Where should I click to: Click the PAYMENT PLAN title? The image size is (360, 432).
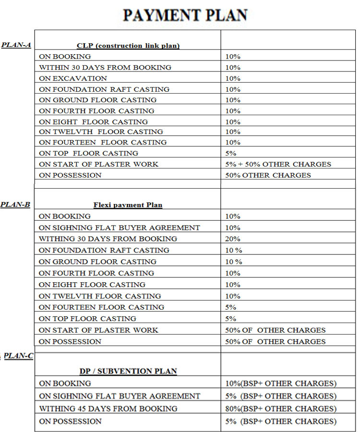tap(185, 15)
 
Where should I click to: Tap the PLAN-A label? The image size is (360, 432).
tap(16, 45)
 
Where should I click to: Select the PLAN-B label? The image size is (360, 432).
tap(15, 204)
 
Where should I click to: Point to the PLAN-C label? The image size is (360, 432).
tap(18, 356)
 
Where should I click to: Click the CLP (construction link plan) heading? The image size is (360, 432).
tap(128, 46)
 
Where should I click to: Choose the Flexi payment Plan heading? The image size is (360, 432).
tap(128, 205)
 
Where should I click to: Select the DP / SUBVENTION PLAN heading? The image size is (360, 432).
tap(128, 371)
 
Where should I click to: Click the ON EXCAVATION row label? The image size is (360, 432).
tap(73, 78)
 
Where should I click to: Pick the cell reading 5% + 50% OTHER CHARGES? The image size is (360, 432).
tap(278, 164)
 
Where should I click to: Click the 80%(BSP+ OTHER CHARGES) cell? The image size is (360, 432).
tap(281, 408)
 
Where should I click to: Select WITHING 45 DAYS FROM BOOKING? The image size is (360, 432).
tap(108, 408)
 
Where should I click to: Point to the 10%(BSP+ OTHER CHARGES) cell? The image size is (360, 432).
tap(281, 384)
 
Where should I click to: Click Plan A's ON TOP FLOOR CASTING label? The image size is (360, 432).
tap(88, 153)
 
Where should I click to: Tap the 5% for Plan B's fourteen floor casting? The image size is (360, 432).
tap(231, 307)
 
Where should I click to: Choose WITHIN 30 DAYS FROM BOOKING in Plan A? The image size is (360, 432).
tap(105, 67)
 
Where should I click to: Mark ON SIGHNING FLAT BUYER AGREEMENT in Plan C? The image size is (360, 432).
tap(120, 396)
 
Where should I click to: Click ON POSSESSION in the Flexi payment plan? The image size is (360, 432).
tap(70, 342)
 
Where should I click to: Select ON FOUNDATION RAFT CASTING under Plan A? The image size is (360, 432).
tap(104, 89)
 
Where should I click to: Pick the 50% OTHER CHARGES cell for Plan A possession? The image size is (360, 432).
tap(268, 175)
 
